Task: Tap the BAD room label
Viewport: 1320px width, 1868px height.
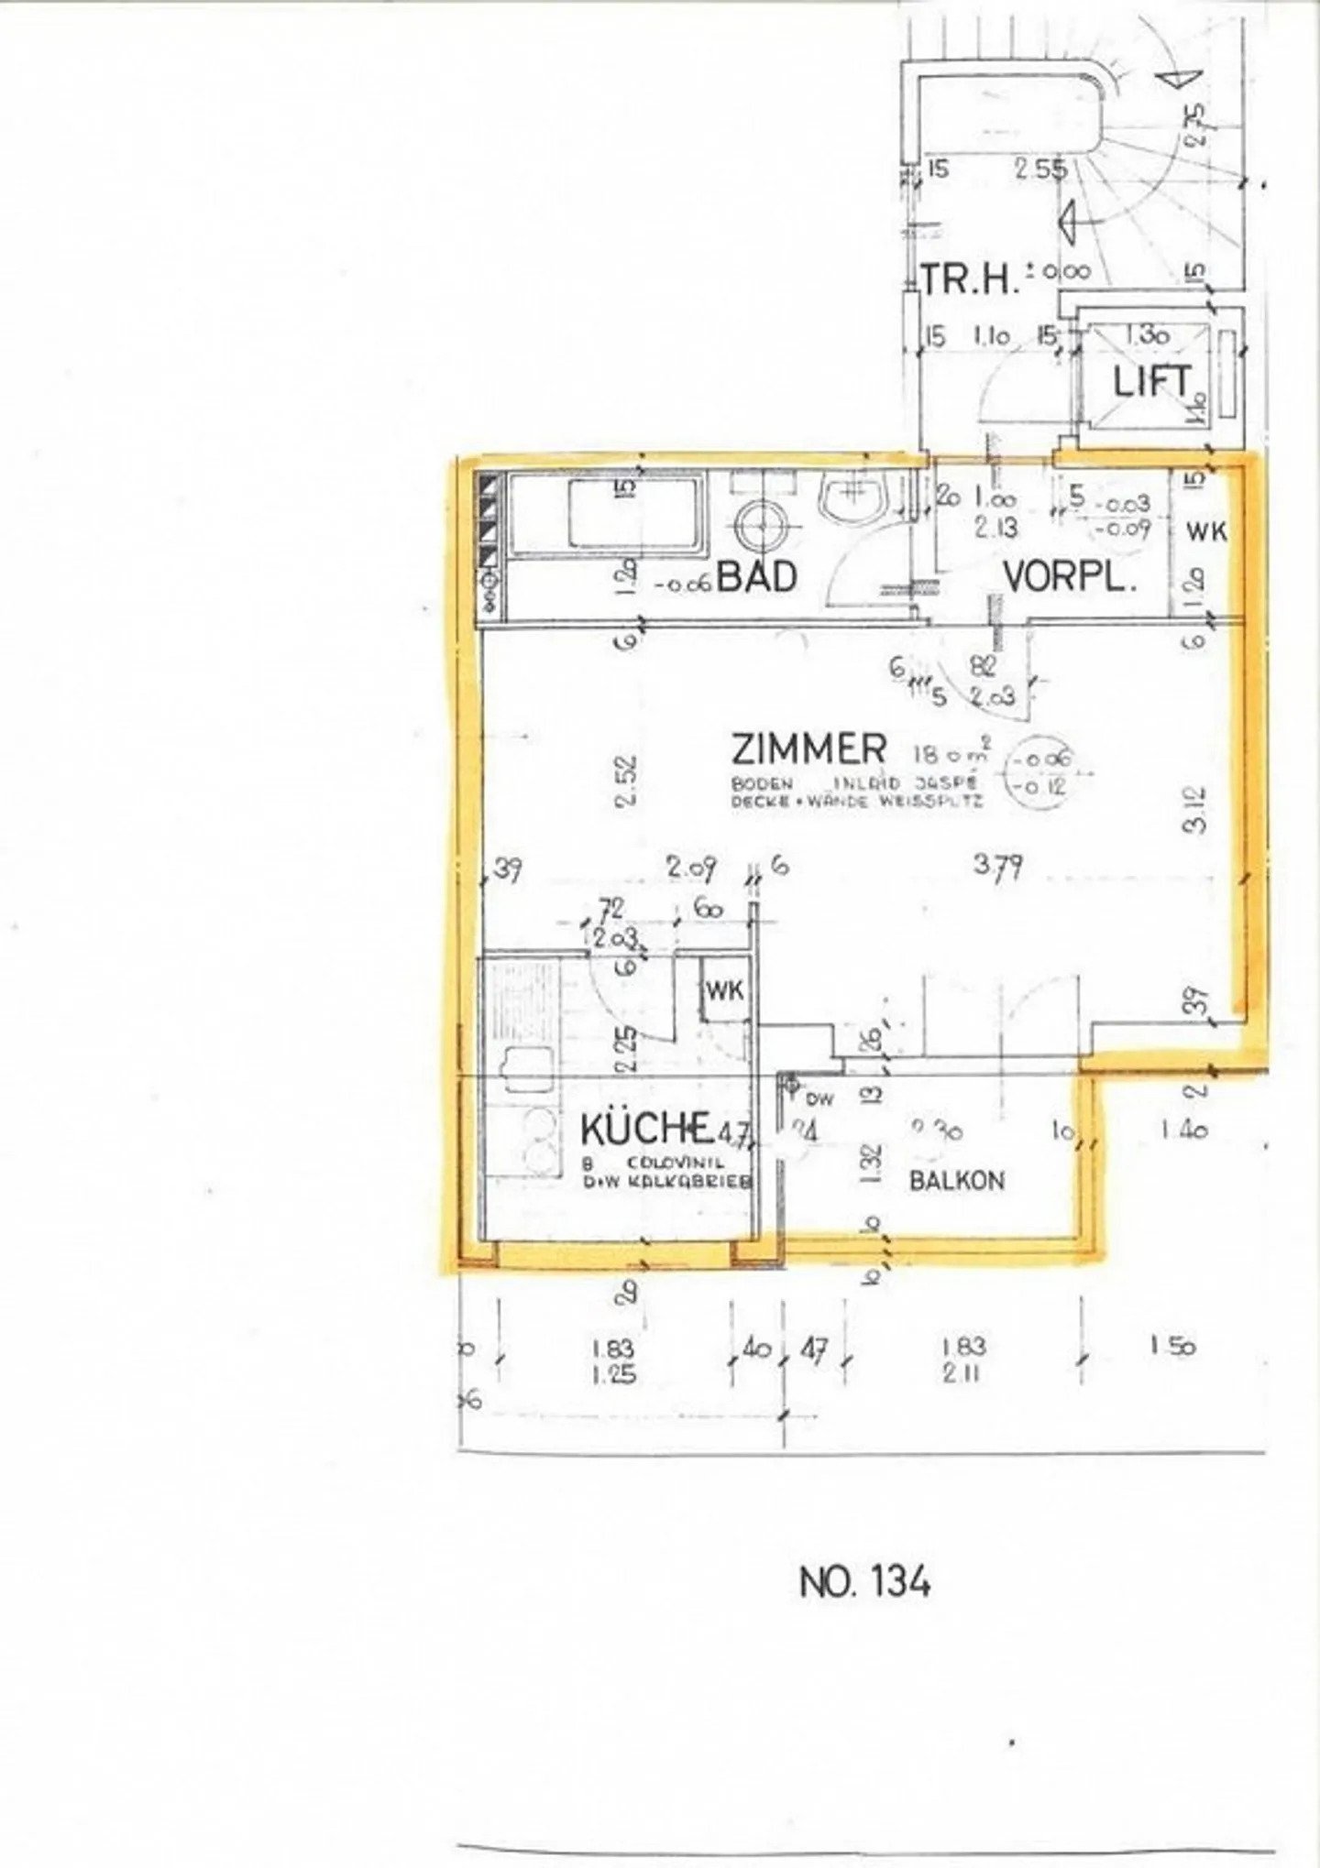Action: coord(756,577)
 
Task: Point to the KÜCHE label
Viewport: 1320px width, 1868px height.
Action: coord(646,1129)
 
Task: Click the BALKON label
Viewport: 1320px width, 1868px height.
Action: coord(956,1180)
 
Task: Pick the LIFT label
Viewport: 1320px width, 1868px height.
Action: coord(1152,382)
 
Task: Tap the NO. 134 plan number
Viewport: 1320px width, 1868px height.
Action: coord(864,1581)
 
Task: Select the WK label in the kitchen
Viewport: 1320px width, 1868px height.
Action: coord(724,990)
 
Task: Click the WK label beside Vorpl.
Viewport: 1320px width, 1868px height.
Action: coord(1206,531)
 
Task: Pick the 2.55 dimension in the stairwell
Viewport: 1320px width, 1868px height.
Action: coord(1042,169)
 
